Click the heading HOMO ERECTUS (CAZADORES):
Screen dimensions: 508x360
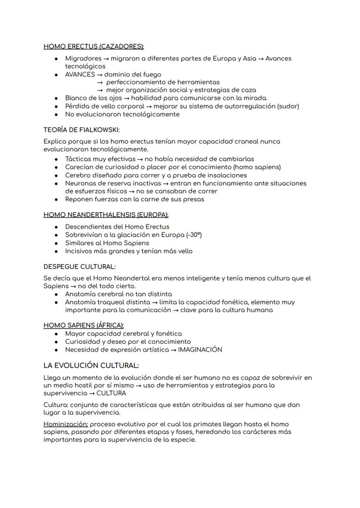93,46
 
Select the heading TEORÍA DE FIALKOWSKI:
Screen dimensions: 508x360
81,129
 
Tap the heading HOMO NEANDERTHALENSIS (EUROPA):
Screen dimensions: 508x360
106,215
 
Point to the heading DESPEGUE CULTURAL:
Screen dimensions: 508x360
79,266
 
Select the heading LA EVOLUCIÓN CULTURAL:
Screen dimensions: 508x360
91,365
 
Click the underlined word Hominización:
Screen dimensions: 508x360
66,424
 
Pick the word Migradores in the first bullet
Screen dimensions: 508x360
83,58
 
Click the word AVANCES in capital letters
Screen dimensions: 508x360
80,74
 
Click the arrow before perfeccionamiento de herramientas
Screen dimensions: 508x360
100,82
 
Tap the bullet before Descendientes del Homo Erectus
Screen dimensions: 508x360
57,227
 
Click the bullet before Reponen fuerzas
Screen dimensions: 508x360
57,199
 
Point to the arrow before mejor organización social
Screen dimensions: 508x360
100,90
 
